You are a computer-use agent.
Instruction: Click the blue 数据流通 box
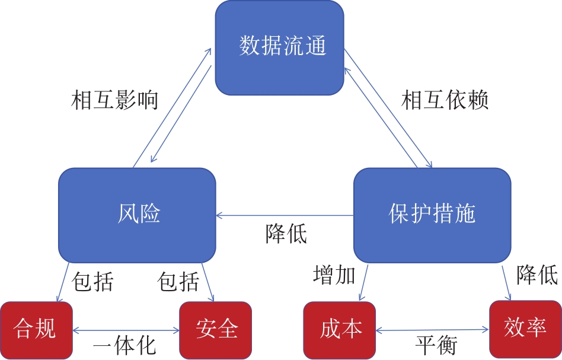279,47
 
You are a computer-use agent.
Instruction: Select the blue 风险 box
137,215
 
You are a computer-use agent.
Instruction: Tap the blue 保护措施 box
432,214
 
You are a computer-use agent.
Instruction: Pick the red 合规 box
36,329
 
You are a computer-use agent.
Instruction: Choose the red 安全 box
215,329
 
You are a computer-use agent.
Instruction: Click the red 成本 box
340,329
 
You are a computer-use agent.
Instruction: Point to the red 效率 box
525,327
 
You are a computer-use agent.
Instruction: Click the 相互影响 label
114,101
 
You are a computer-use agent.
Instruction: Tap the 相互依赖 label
445,101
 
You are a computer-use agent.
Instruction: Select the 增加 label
334,275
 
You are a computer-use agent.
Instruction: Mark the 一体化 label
125,345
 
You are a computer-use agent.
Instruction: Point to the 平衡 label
436,345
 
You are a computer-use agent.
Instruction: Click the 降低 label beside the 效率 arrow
537,275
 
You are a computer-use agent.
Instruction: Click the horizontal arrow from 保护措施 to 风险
285,215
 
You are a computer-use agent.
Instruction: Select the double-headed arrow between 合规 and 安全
126,330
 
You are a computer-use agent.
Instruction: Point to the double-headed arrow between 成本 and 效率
433,329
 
